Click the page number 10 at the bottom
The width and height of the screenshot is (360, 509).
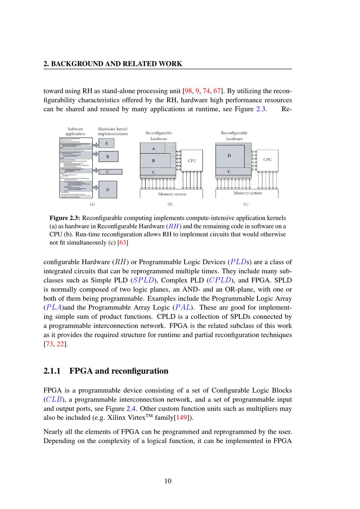point(168,481)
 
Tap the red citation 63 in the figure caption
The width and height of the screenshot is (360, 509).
point(123,243)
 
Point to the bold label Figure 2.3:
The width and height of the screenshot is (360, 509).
point(65,218)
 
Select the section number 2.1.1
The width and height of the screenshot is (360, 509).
point(53,371)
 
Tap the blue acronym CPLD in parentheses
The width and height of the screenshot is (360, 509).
point(220,280)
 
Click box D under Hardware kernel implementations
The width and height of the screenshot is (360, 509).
point(108,189)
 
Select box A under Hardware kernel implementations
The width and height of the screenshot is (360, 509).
point(106,143)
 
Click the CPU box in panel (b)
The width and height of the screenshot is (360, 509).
point(192,161)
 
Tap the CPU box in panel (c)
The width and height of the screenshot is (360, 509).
point(267,159)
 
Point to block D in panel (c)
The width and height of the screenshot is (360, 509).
point(229,156)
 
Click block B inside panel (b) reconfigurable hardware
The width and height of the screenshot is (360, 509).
point(154,161)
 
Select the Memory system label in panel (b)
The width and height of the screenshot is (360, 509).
point(172,194)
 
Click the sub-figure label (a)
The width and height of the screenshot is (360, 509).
point(92,204)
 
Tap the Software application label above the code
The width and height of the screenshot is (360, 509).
point(75,131)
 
